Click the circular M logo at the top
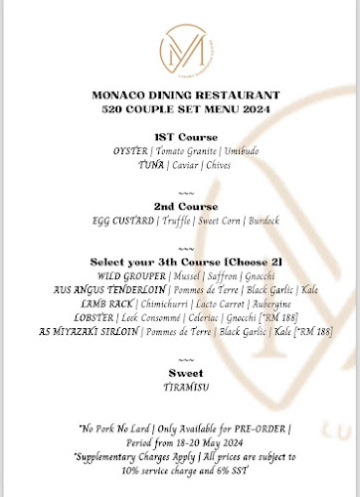[180, 50]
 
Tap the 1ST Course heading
[180, 136]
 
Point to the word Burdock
[250, 224]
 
